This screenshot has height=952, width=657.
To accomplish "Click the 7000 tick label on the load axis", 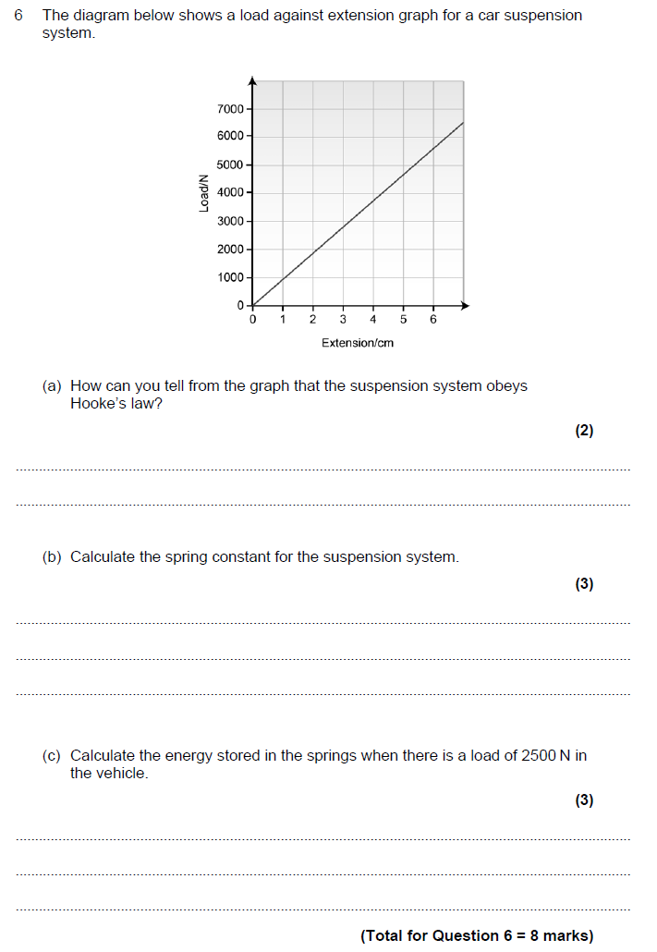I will pyautogui.click(x=229, y=109).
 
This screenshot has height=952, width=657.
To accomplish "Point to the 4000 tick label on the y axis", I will pyautogui.click(x=229, y=192).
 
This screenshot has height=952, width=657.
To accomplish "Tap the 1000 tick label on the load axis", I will pyautogui.click(x=229, y=277).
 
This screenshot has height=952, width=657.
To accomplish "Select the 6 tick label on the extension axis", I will pyautogui.click(x=433, y=320).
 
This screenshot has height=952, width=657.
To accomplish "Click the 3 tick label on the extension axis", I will pyautogui.click(x=343, y=320).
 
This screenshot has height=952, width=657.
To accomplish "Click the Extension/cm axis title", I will pyautogui.click(x=358, y=343).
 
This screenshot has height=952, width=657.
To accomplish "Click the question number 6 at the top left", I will pyautogui.click(x=18, y=16).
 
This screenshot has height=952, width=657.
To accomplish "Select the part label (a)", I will pyautogui.click(x=52, y=386).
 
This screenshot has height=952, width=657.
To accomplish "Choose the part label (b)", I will pyautogui.click(x=52, y=557).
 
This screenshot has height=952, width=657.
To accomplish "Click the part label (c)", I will pyautogui.click(x=52, y=756).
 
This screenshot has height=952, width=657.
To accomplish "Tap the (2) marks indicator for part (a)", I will pyautogui.click(x=584, y=431).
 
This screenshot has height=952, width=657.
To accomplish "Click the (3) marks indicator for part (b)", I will pyautogui.click(x=584, y=584).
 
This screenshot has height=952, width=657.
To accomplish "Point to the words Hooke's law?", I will pyautogui.click(x=116, y=404).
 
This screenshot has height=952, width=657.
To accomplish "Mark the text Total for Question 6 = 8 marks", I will pyautogui.click(x=477, y=935).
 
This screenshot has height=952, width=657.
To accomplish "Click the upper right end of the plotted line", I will pyautogui.click(x=462, y=123).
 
